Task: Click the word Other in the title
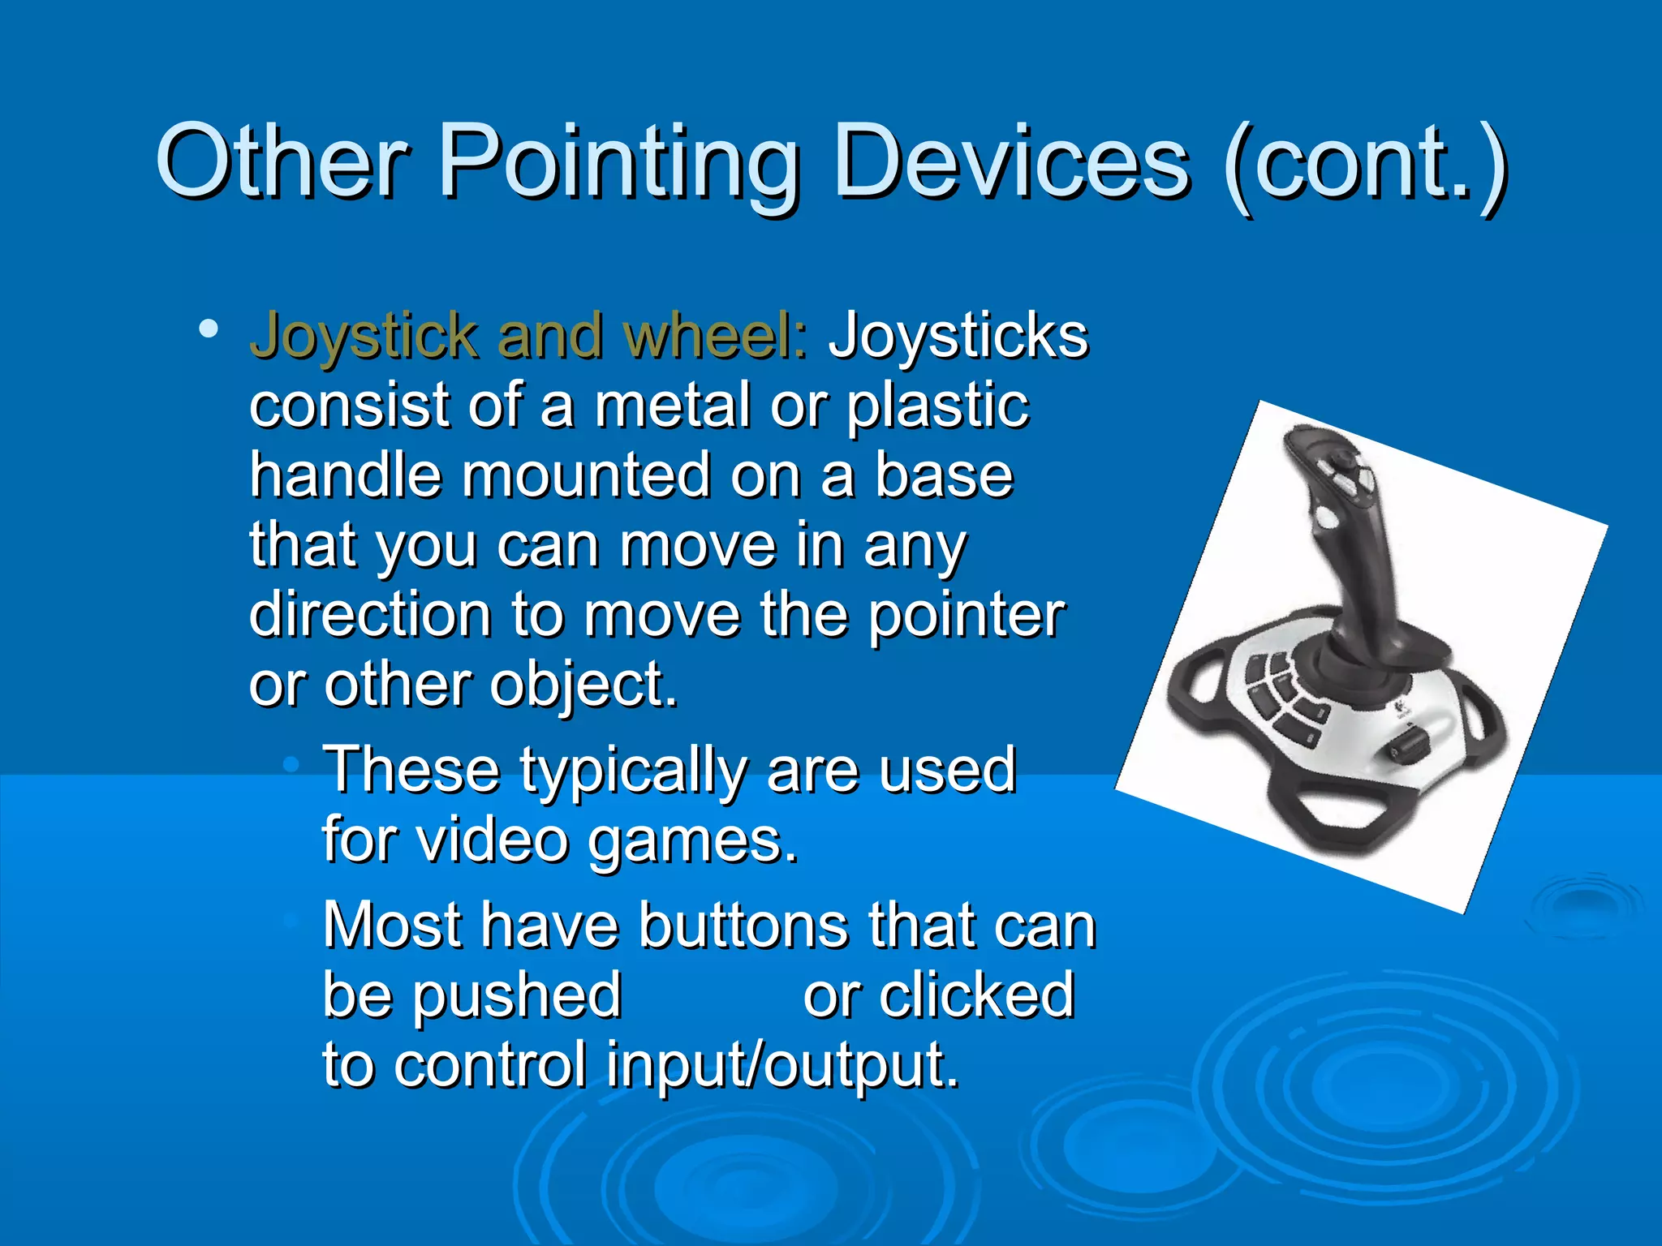281,162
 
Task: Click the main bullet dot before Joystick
208,329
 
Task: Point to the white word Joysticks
958,336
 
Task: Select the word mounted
584,475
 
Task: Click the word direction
369,615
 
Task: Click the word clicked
938,996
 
